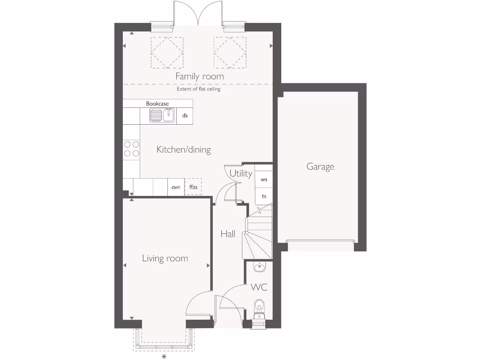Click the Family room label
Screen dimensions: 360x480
199,76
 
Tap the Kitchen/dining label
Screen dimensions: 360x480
183,150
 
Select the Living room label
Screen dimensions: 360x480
165,258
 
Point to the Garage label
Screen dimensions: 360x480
320,166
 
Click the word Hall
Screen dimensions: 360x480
228,233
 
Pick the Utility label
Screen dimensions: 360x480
241,173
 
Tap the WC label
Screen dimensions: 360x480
259,287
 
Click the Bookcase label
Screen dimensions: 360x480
157,104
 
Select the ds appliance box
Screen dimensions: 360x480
185,115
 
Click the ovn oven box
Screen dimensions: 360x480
176,187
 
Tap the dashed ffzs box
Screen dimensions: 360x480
193,187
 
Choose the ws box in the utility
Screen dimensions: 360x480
264,180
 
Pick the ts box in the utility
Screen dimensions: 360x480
264,196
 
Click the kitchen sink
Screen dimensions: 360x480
162,115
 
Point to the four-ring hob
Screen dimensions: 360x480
132,149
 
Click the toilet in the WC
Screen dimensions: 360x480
259,308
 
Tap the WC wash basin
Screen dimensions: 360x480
259,267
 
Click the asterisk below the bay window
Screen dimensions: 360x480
164,357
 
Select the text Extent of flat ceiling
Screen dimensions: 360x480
198,89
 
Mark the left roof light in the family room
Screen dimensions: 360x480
166,52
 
